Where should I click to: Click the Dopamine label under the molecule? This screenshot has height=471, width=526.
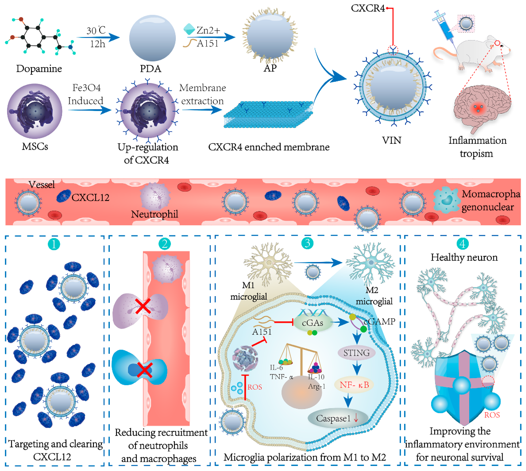click(x=39, y=69)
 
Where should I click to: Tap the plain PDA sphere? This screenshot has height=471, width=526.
click(x=152, y=38)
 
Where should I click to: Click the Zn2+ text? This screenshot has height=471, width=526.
click(x=208, y=30)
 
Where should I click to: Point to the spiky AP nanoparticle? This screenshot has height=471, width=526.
click(x=270, y=36)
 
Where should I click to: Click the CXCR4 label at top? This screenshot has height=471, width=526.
click(x=368, y=8)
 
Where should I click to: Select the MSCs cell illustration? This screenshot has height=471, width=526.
click(x=34, y=111)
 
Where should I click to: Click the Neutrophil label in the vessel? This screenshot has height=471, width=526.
click(x=155, y=214)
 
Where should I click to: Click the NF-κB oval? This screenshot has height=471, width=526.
click(x=354, y=385)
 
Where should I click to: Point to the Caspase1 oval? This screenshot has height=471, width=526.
click(x=338, y=418)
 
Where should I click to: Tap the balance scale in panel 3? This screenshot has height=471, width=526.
click(x=301, y=360)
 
